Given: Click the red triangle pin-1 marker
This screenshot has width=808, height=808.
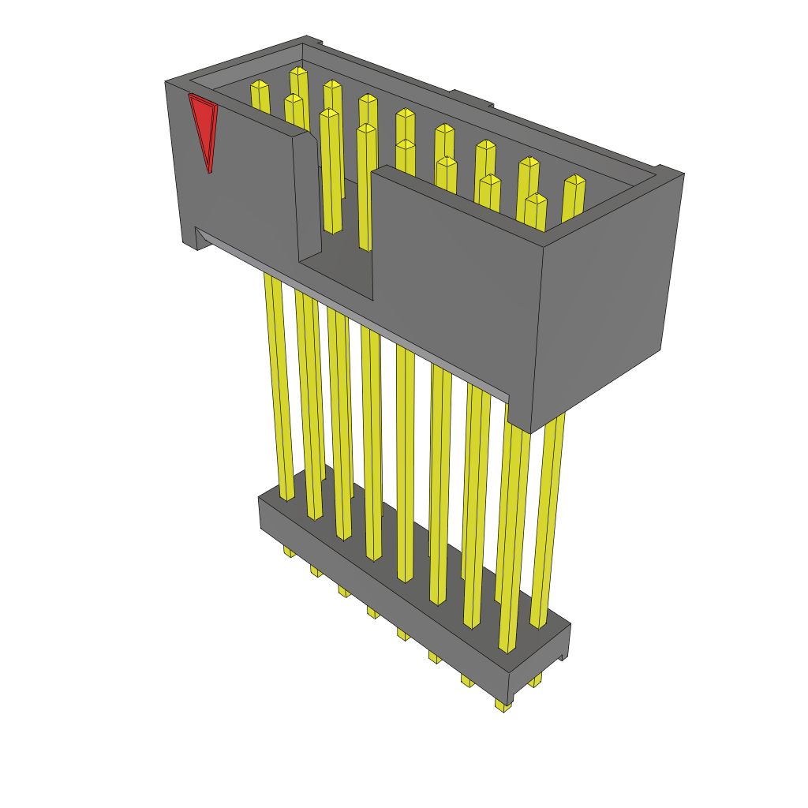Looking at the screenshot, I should point(204,122).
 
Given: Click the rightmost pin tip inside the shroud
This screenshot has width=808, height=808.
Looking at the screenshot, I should point(575,180).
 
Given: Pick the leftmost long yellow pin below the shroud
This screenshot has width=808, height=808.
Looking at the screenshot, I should point(279,387).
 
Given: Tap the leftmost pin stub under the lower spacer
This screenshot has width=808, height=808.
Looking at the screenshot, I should point(290,551).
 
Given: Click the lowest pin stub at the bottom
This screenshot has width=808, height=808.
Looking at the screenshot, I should point(503,705).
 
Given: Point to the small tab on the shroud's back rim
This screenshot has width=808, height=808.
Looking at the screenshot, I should point(472,98).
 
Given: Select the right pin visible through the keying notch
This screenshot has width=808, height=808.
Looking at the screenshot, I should point(365,185).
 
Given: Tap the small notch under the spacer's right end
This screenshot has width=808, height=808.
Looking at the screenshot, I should point(563,656).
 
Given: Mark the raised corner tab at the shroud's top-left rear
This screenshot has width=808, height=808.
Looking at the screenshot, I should point(313,40).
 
